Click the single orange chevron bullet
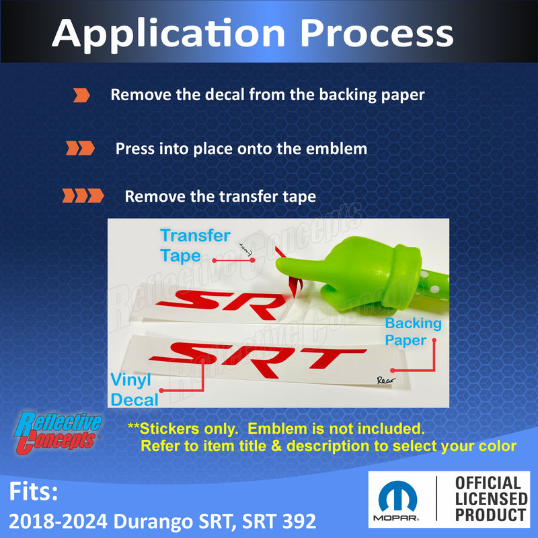pos(81,95)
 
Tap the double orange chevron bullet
pos(80,149)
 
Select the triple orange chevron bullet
pos(83,196)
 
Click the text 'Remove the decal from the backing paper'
pos(267,95)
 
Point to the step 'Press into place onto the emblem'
pos(241,149)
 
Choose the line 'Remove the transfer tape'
pos(220,197)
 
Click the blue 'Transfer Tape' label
pos(194,245)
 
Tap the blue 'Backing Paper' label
pos(412,332)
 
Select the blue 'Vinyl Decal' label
pos(134,390)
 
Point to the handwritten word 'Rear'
pos(387,380)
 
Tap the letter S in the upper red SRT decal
pos(185,303)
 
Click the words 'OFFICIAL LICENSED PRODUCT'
pos(490,499)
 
